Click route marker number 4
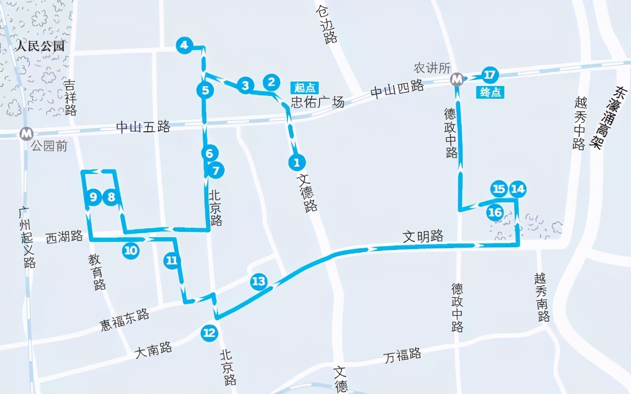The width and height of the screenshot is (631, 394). (x=184, y=45)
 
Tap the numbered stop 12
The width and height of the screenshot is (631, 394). (x=209, y=333)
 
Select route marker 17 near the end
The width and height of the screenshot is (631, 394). (x=489, y=75)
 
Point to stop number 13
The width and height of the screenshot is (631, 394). (x=258, y=281)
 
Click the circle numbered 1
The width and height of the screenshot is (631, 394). (x=296, y=162)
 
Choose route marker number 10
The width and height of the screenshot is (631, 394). (x=130, y=250)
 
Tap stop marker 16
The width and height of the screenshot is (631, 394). (x=495, y=212)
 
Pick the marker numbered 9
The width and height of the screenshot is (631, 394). (x=93, y=197)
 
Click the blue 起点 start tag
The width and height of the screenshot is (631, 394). (x=305, y=87)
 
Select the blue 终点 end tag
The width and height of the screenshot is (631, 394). (x=490, y=93)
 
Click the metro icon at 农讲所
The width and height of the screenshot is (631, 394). (x=457, y=79)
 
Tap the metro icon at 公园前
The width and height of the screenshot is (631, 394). (x=27, y=134)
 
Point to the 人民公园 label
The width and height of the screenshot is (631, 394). (x=40, y=46)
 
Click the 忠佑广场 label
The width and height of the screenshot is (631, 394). (x=317, y=102)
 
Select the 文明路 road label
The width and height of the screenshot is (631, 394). (x=423, y=236)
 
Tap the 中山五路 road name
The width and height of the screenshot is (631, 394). (x=143, y=126)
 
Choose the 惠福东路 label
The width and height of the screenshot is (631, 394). (x=124, y=320)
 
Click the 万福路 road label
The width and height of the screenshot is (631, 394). (x=402, y=355)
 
